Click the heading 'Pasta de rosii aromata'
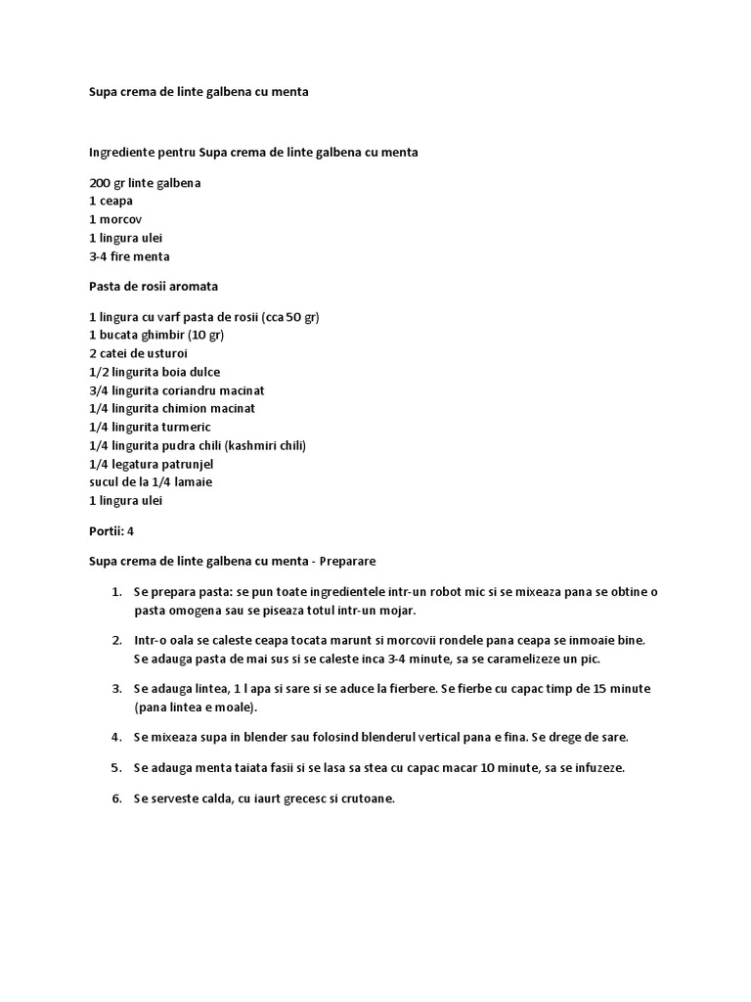point(154,287)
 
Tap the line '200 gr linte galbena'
point(146,182)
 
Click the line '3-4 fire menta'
point(129,256)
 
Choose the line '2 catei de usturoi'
point(138,353)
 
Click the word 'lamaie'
point(194,482)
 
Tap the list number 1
point(115,593)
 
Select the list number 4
point(115,736)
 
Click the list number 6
point(115,798)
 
